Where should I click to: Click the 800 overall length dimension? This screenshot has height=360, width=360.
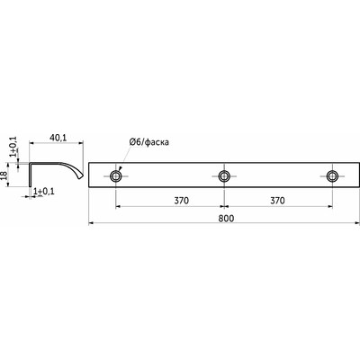pyautogui.click(x=226, y=219)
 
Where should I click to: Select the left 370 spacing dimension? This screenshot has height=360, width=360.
pyautogui.click(x=182, y=201)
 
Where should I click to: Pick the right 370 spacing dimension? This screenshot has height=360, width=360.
pyautogui.click(x=277, y=201)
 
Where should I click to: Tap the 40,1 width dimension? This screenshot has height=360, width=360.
pyautogui.click(x=58, y=138)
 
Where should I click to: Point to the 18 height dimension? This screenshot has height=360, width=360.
pyautogui.click(x=4, y=175)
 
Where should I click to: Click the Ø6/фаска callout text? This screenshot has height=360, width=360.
pyautogui.click(x=149, y=141)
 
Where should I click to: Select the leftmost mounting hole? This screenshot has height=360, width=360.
pyautogui.click(x=115, y=176)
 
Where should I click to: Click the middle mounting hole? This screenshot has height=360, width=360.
pyautogui.click(x=224, y=176)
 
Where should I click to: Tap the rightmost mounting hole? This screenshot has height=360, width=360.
pyautogui.click(x=332, y=176)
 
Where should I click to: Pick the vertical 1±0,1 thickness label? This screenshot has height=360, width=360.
pyautogui.click(x=14, y=146)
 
